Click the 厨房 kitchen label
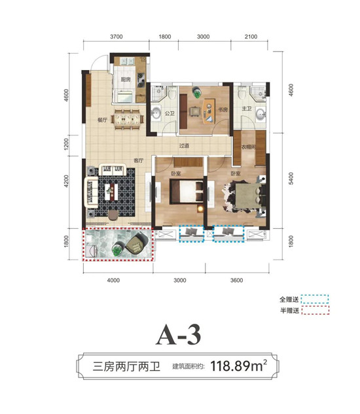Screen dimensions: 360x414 click(x=126, y=80)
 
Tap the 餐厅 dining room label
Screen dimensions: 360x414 click(x=102, y=120)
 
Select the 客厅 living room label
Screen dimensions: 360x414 click(x=138, y=160)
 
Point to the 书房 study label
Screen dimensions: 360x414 click(x=223, y=110)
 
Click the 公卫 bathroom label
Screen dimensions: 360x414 click(x=170, y=113)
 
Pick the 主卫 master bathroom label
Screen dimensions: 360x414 click(x=247, y=109)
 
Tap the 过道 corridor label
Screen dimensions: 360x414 click(x=184, y=145)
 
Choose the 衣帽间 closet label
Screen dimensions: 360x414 click(x=249, y=147)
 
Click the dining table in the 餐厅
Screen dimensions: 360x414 click(x=128, y=119)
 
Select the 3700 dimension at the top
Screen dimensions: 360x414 click(x=117, y=37)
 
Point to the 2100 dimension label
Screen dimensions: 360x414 click(x=251, y=37)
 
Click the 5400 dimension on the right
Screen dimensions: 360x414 click(x=291, y=179)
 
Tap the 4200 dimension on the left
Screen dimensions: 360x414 click(x=66, y=181)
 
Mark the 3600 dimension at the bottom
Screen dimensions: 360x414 click(x=236, y=280)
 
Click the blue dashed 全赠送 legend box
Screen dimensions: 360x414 click(x=315, y=299)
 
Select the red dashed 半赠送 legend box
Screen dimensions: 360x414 click(x=315, y=310)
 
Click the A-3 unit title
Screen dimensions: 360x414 click(x=179, y=334)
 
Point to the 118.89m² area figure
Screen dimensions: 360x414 click(x=238, y=366)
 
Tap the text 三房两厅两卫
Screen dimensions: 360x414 click(x=126, y=367)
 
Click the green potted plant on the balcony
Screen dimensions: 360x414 click(x=117, y=249)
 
